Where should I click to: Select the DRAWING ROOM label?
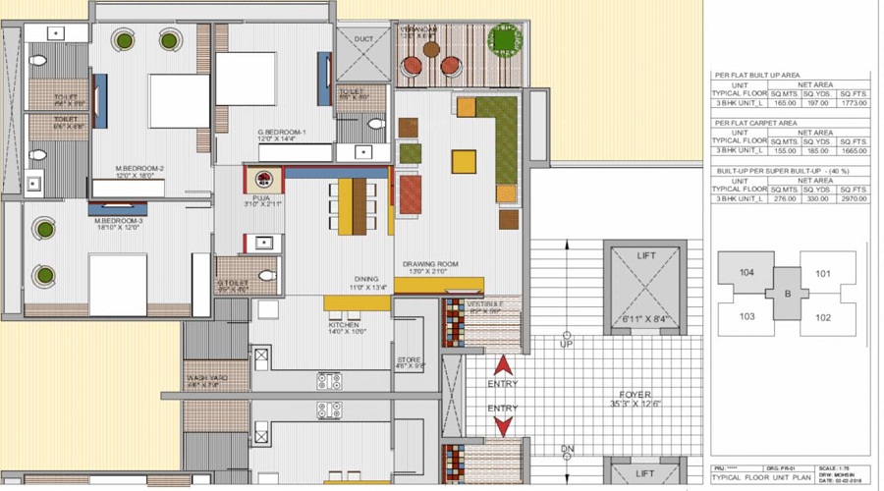point(430,264)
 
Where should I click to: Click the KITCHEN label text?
point(344,325)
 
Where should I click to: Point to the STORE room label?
point(409,360)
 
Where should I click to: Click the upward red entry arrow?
point(502,365)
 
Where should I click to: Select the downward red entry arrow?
point(502,425)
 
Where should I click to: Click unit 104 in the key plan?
point(747,272)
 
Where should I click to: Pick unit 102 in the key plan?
point(823,317)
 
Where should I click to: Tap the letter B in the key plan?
point(787,294)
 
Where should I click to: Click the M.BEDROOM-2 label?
point(138,169)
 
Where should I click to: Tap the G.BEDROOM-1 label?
point(282,132)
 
